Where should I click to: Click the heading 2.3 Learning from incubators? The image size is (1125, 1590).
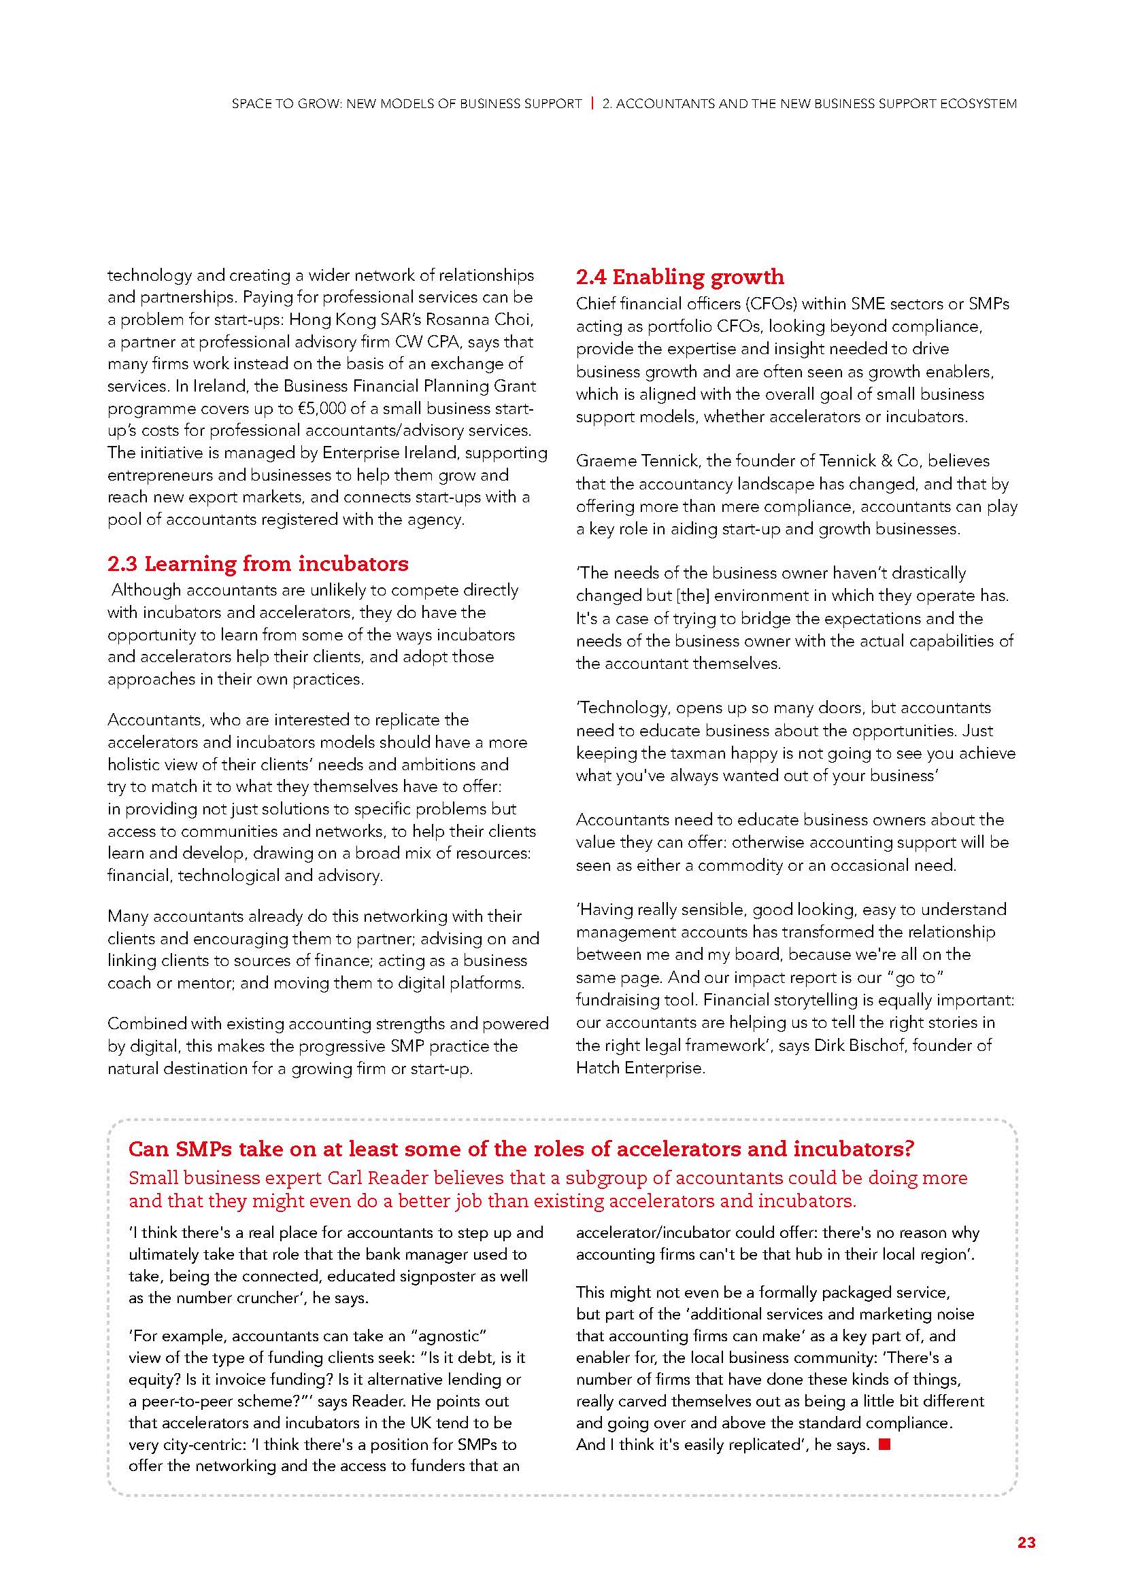(258, 564)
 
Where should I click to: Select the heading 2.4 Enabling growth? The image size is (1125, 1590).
(679, 277)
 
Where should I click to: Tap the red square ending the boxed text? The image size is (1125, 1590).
(884, 1445)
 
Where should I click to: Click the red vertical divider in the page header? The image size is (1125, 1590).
(592, 104)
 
